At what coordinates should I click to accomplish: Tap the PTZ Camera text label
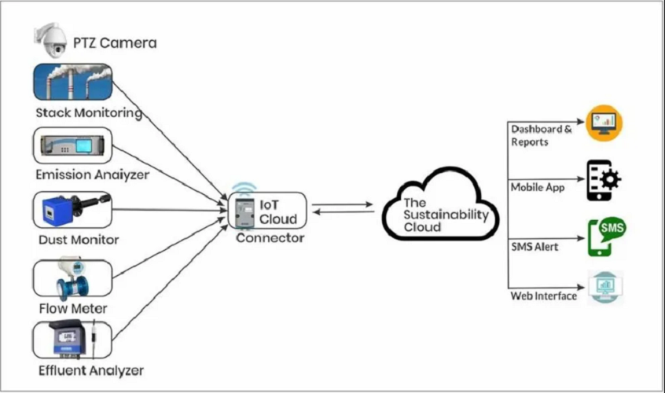pyautogui.click(x=115, y=42)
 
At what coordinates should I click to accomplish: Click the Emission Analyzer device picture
pyautogui.click(x=72, y=146)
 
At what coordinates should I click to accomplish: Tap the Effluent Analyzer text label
pyautogui.click(x=90, y=369)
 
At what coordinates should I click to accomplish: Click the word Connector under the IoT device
pyautogui.click(x=270, y=237)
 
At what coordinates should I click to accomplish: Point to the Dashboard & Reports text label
pyautogui.click(x=542, y=135)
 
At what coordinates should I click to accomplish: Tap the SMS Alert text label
pyautogui.click(x=535, y=247)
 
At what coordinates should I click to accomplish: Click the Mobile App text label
pyautogui.click(x=537, y=188)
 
